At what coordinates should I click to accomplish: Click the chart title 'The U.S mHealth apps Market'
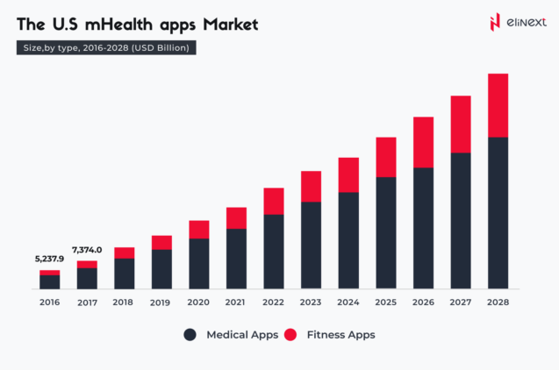coord(137,25)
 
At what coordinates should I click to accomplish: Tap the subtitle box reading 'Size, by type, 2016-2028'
coord(106,48)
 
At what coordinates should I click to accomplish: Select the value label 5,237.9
coord(49,259)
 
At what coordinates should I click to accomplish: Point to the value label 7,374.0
coord(86,250)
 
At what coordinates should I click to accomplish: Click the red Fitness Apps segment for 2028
coord(498,105)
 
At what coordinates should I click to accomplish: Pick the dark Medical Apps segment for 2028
coord(498,213)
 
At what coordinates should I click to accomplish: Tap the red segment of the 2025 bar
coord(386,157)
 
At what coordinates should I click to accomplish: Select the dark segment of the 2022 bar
coord(274,251)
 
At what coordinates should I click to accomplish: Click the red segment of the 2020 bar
coord(199,230)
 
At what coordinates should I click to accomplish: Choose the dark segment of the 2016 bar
coord(49,281)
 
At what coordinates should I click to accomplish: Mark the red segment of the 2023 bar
coord(312,186)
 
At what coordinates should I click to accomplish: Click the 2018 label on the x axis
coord(124,302)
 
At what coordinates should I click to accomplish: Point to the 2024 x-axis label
coord(348,302)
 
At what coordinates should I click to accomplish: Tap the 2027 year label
coord(461,302)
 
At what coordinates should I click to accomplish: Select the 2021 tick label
coord(236,302)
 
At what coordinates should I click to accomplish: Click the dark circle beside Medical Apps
coord(190,335)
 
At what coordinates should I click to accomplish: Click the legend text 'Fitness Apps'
coord(341,335)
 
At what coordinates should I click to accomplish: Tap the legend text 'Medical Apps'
coord(242,335)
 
